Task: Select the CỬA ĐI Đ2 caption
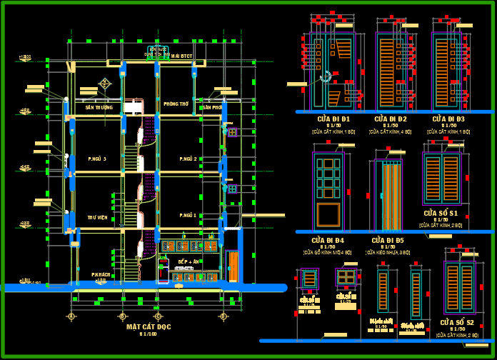click(391, 119)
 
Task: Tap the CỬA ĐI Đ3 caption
click(448, 119)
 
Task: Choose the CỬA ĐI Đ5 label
click(388, 240)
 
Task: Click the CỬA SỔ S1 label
click(441, 213)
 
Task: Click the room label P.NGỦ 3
click(97, 159)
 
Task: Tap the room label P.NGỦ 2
click(189, 159)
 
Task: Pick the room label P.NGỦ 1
click(189, 215)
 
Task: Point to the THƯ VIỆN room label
click(97, 217)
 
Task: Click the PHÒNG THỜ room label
click(176, 104)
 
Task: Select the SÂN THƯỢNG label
click(99, 107)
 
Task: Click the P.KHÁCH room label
click(101, 274)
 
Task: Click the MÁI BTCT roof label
click(183, 55)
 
